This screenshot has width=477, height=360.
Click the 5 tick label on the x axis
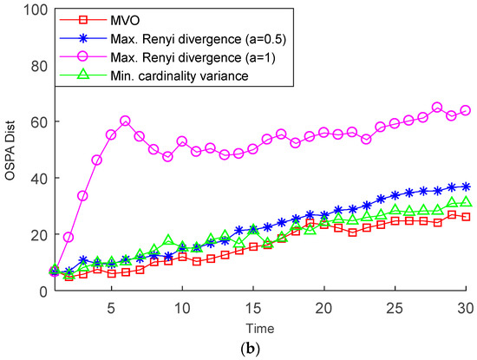tap(111, 305)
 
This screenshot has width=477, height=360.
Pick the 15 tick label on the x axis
tap(252, 305)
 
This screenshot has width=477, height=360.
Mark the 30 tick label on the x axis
tap(466, 305)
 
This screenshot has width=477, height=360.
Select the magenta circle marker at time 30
tap(466, 110)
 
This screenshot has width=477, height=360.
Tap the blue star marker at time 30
tap(466, 187)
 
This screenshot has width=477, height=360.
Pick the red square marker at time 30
tap(466, 217)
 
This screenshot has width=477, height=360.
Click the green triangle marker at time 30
tap(466, 202)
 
